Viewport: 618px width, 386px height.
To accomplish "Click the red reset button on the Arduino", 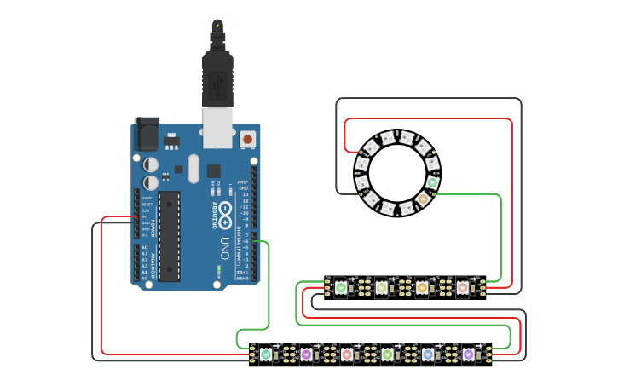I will click(247, 138).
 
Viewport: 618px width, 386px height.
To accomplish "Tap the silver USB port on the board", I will click(217, 121).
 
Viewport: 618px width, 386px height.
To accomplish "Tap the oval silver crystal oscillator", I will click(193, 168).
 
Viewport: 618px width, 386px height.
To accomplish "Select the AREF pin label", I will click(243, 182).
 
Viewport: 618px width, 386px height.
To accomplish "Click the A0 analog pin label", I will click(144, 247).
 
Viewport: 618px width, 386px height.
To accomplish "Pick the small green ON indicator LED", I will click(219, 270).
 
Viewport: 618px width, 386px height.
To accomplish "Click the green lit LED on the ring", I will click(432, 181).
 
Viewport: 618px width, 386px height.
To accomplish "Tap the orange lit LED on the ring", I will click(422, 199).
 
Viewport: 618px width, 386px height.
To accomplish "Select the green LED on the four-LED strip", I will click(341, 288).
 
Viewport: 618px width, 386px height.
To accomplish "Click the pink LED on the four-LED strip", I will click(463, 288).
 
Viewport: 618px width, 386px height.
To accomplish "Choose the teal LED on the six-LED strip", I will click(266, 354).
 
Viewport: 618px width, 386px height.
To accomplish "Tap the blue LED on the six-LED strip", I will click(428, 354).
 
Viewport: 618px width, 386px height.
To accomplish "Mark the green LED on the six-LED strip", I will click(388, 354).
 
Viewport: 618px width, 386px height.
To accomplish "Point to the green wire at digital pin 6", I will click(263, 242).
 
